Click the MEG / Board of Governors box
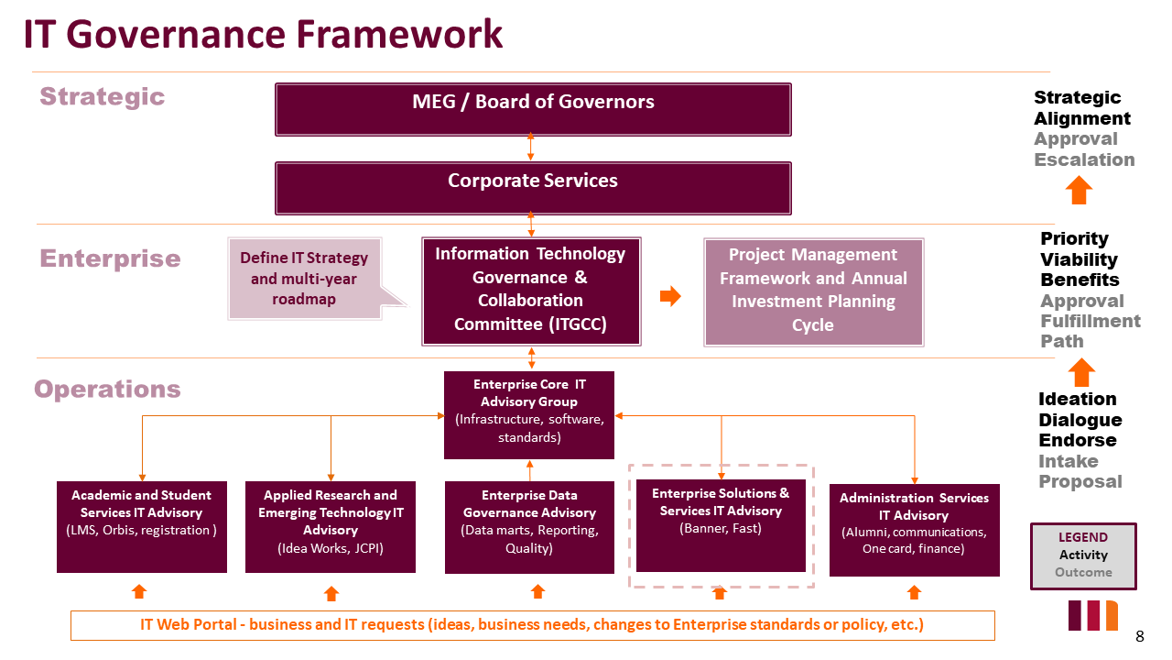(533, 109)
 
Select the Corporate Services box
(533, 188)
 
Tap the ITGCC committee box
(531, 291)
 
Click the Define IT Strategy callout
(304, 279)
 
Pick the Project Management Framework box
(813, 291)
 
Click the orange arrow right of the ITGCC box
(670, 296)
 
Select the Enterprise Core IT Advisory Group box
(529, 414)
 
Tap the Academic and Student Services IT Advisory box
(142, 526)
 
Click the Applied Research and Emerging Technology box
(331, 526)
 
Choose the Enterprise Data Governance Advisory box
(529, 527)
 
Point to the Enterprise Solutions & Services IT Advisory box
(721, 524)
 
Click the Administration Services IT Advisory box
(914, 530)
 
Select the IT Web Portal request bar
(532, 625)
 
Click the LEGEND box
(1083, 555)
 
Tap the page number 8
(1140, 636)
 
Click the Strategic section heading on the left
(102, 97)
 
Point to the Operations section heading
(107, 390)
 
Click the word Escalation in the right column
(1084, 159)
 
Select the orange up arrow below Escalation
(1080, 191)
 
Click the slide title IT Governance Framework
(263, 35)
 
